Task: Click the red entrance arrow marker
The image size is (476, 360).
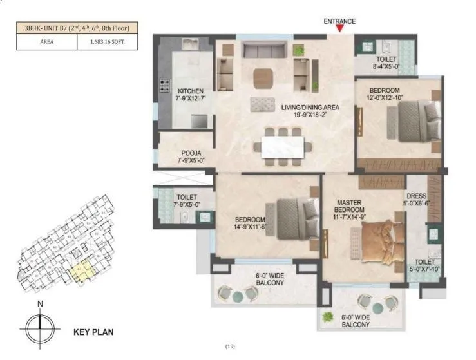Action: click(339, 29)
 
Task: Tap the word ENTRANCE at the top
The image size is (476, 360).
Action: click(339, 21)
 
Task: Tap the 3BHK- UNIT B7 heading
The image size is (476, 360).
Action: click(77, 28)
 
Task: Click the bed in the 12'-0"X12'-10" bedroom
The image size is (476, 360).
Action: click(416, 122)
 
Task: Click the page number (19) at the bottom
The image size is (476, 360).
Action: click(230, 347)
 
